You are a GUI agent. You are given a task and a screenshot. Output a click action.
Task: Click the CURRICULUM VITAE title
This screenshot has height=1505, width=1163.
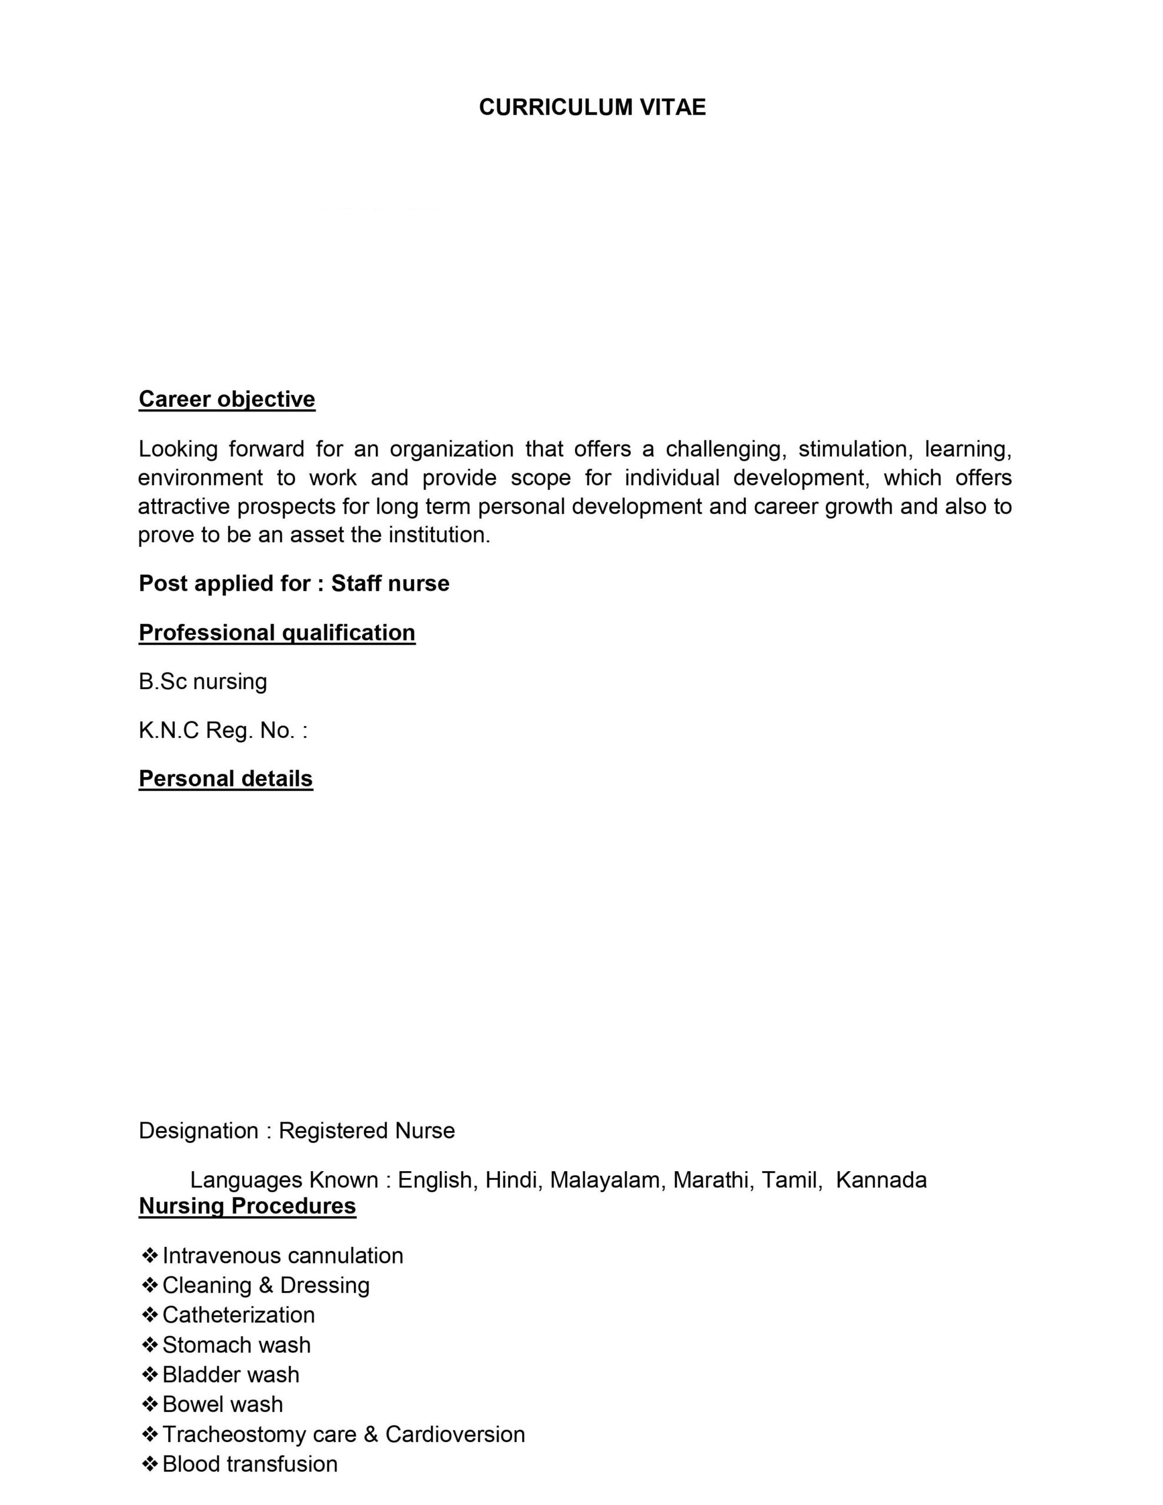592,108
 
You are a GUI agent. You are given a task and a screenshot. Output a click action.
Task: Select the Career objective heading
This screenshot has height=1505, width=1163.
227,399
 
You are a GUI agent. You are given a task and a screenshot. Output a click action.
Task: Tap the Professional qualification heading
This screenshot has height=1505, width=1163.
277,633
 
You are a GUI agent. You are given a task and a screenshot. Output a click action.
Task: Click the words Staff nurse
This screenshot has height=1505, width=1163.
390,584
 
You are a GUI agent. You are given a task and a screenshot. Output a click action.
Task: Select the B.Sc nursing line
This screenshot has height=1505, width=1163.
203,681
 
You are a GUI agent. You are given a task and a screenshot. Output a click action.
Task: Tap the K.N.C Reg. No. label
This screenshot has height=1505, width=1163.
223,730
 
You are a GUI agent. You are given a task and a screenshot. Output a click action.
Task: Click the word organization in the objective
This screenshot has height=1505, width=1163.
452,449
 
